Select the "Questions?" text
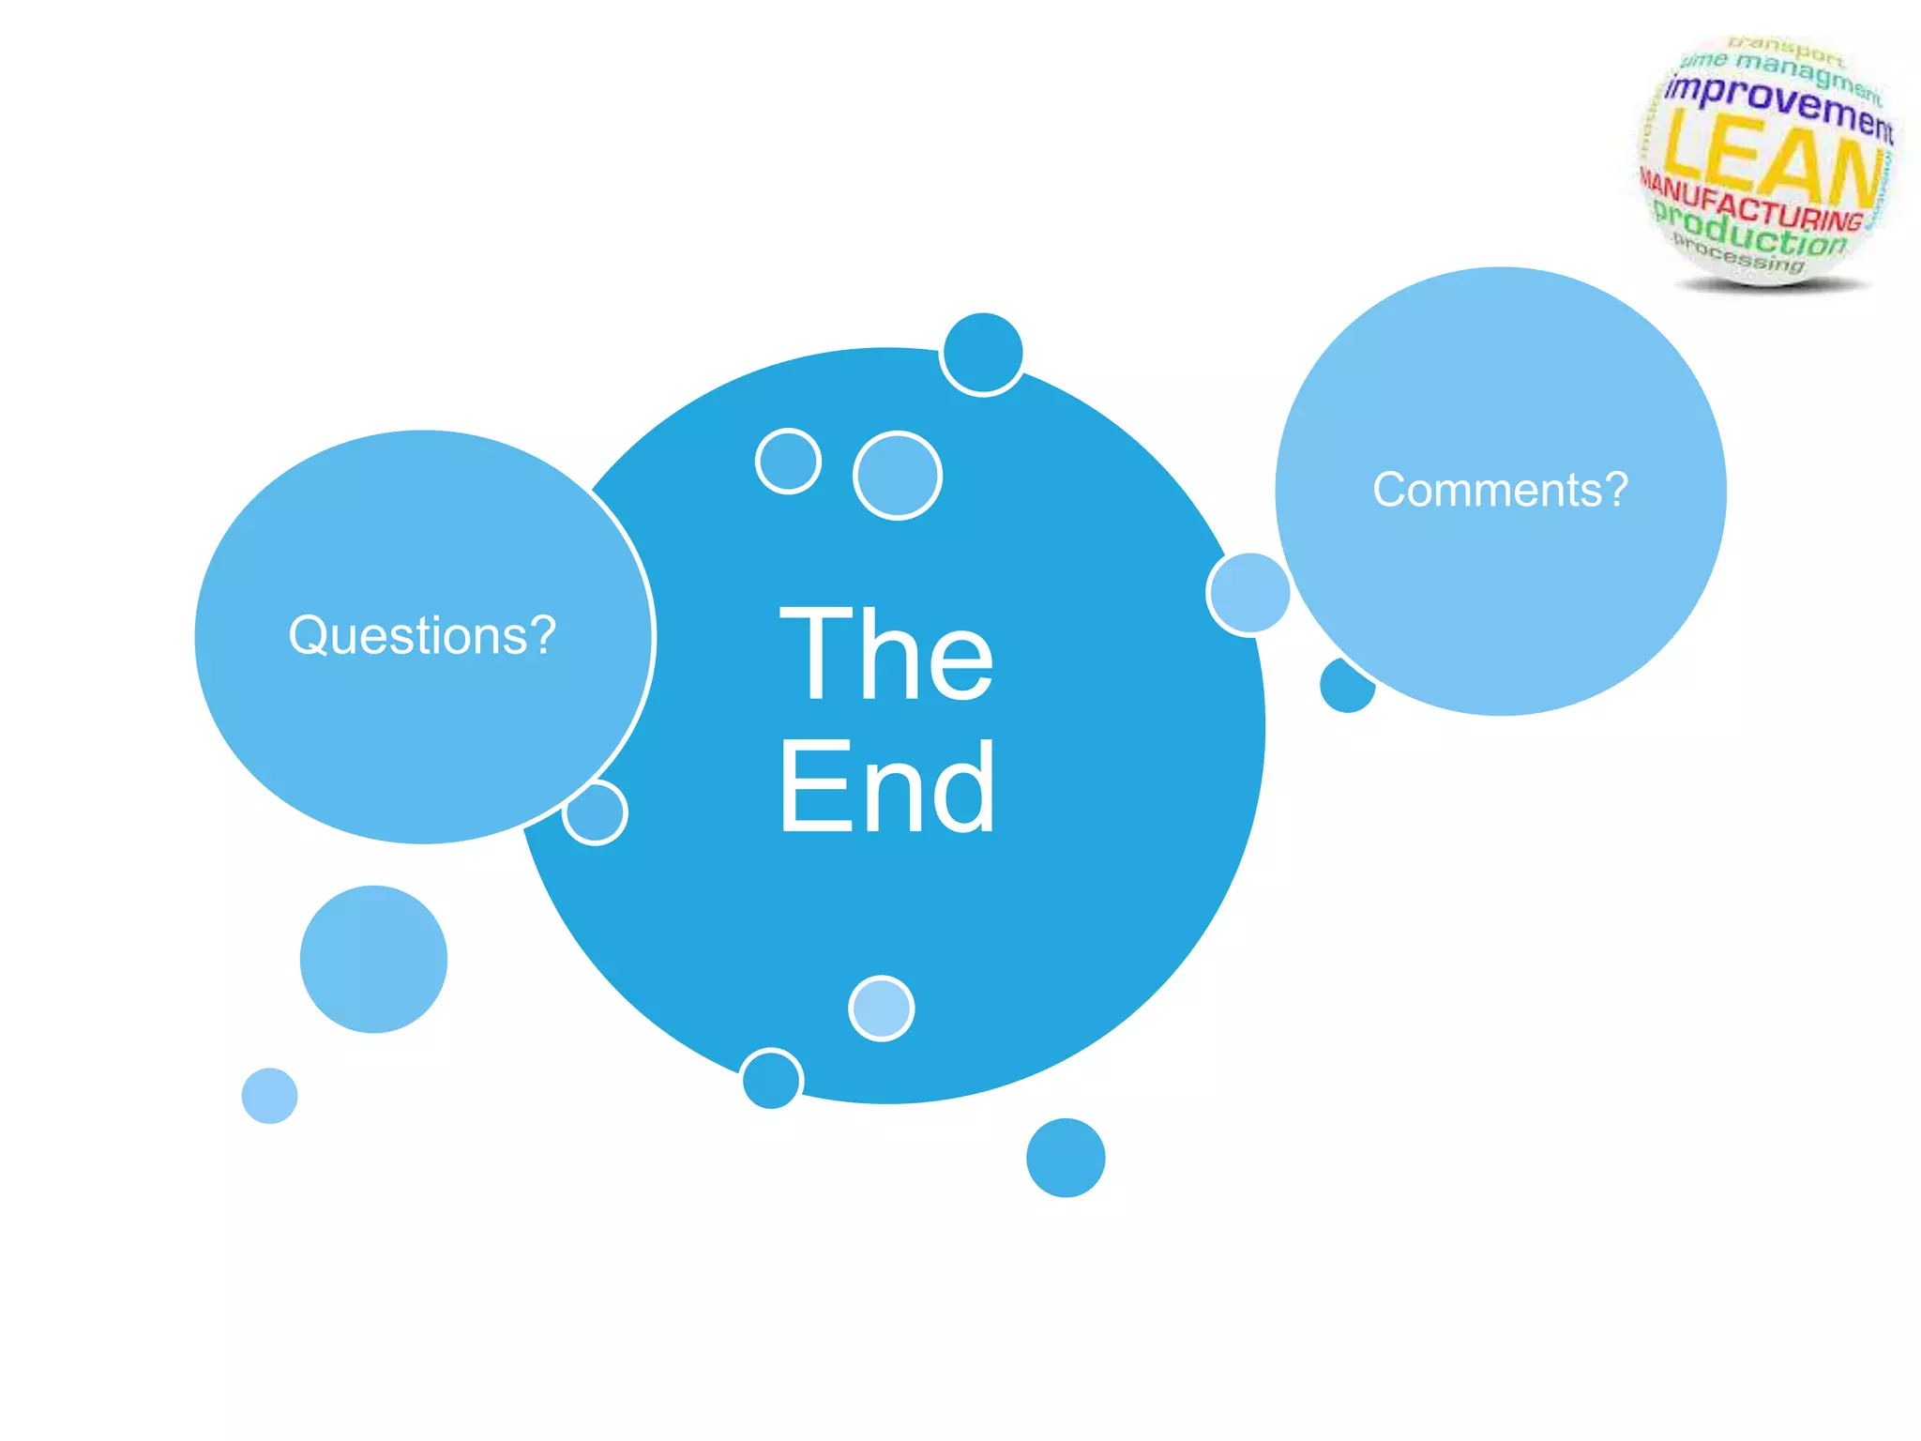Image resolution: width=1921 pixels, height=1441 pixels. click(x=422, y=635)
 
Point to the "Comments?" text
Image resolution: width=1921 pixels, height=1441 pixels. click(x=1500, y=490)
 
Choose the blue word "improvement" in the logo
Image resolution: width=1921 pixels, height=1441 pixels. click(x=1778, y=105)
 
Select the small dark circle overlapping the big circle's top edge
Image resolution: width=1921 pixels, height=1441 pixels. click(x=983, y=354)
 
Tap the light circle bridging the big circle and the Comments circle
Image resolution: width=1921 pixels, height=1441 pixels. click(x=1248, y=594)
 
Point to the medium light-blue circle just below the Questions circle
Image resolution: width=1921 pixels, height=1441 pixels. click(x=373, y=959)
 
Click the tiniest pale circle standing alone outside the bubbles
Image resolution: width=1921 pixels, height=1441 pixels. click(x=269, y=1095)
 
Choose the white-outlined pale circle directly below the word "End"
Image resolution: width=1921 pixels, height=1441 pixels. click(x=881, y=1008)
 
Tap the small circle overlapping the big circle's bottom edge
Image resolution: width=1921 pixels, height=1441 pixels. click(x=771, y=1079)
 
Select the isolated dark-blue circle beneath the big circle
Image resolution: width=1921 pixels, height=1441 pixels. click(x=1066, y=1157)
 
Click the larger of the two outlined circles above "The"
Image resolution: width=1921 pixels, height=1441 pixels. click(x=898, y=475)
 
